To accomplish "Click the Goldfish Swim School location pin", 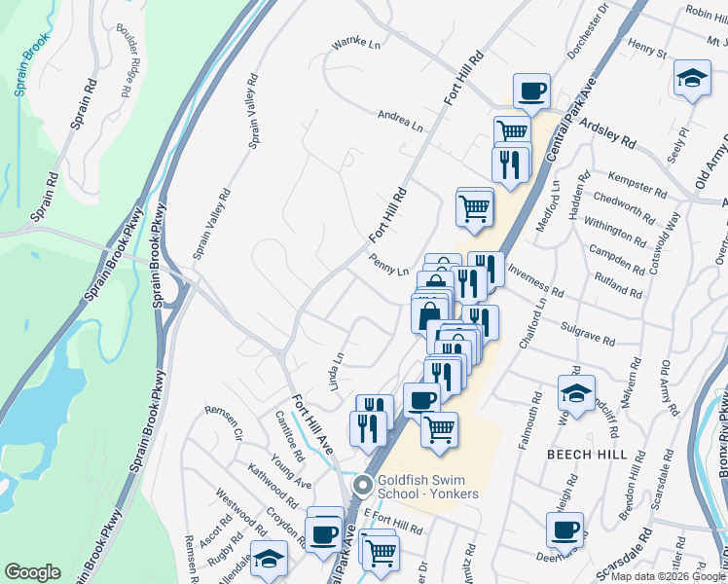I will pyautogui.click(x=363, y=484).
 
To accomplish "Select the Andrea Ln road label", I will pyautogui.click(x=400, y=121).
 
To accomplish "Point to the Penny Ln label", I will pyautogui.click(x=388, y=264).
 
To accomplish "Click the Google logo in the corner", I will pyautogui.click(x=32, y=572).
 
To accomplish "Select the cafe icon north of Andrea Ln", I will pyautogui.click(x=531, y=92).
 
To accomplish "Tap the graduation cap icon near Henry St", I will pyautogui.click(x=691, y=80).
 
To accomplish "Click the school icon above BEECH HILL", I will pyautogui.click(x=576, y=394).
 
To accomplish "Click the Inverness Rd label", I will pyautogui.click(x=535, y=283).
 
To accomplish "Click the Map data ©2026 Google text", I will pyautogui.click(x=665, y=576).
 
